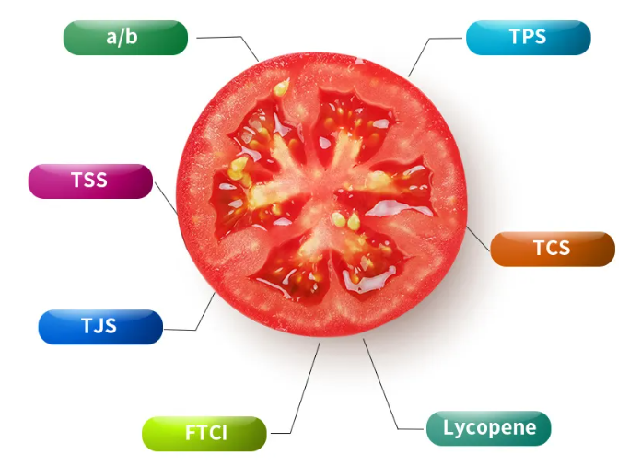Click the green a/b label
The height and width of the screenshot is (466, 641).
click(125, 38)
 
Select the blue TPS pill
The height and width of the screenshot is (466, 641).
click(528, 38)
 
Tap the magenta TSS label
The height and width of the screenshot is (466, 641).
click(90, 181)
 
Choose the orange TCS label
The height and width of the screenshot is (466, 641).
click(553, 249)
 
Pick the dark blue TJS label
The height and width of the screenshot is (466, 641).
click(100, 327)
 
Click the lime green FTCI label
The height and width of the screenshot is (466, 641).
click(204, 434)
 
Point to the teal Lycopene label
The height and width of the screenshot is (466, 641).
click(488, 428)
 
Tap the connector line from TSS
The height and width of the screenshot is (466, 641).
click(167, 198)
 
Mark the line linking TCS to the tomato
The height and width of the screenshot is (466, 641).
click(478, 239)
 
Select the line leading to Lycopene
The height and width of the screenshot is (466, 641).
click(380, 384)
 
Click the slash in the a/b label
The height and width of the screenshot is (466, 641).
click(122, 37)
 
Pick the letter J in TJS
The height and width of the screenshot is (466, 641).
click(99, 326)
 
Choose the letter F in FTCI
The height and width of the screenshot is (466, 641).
click(191, 433)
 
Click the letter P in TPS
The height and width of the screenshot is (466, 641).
click(528, 37)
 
